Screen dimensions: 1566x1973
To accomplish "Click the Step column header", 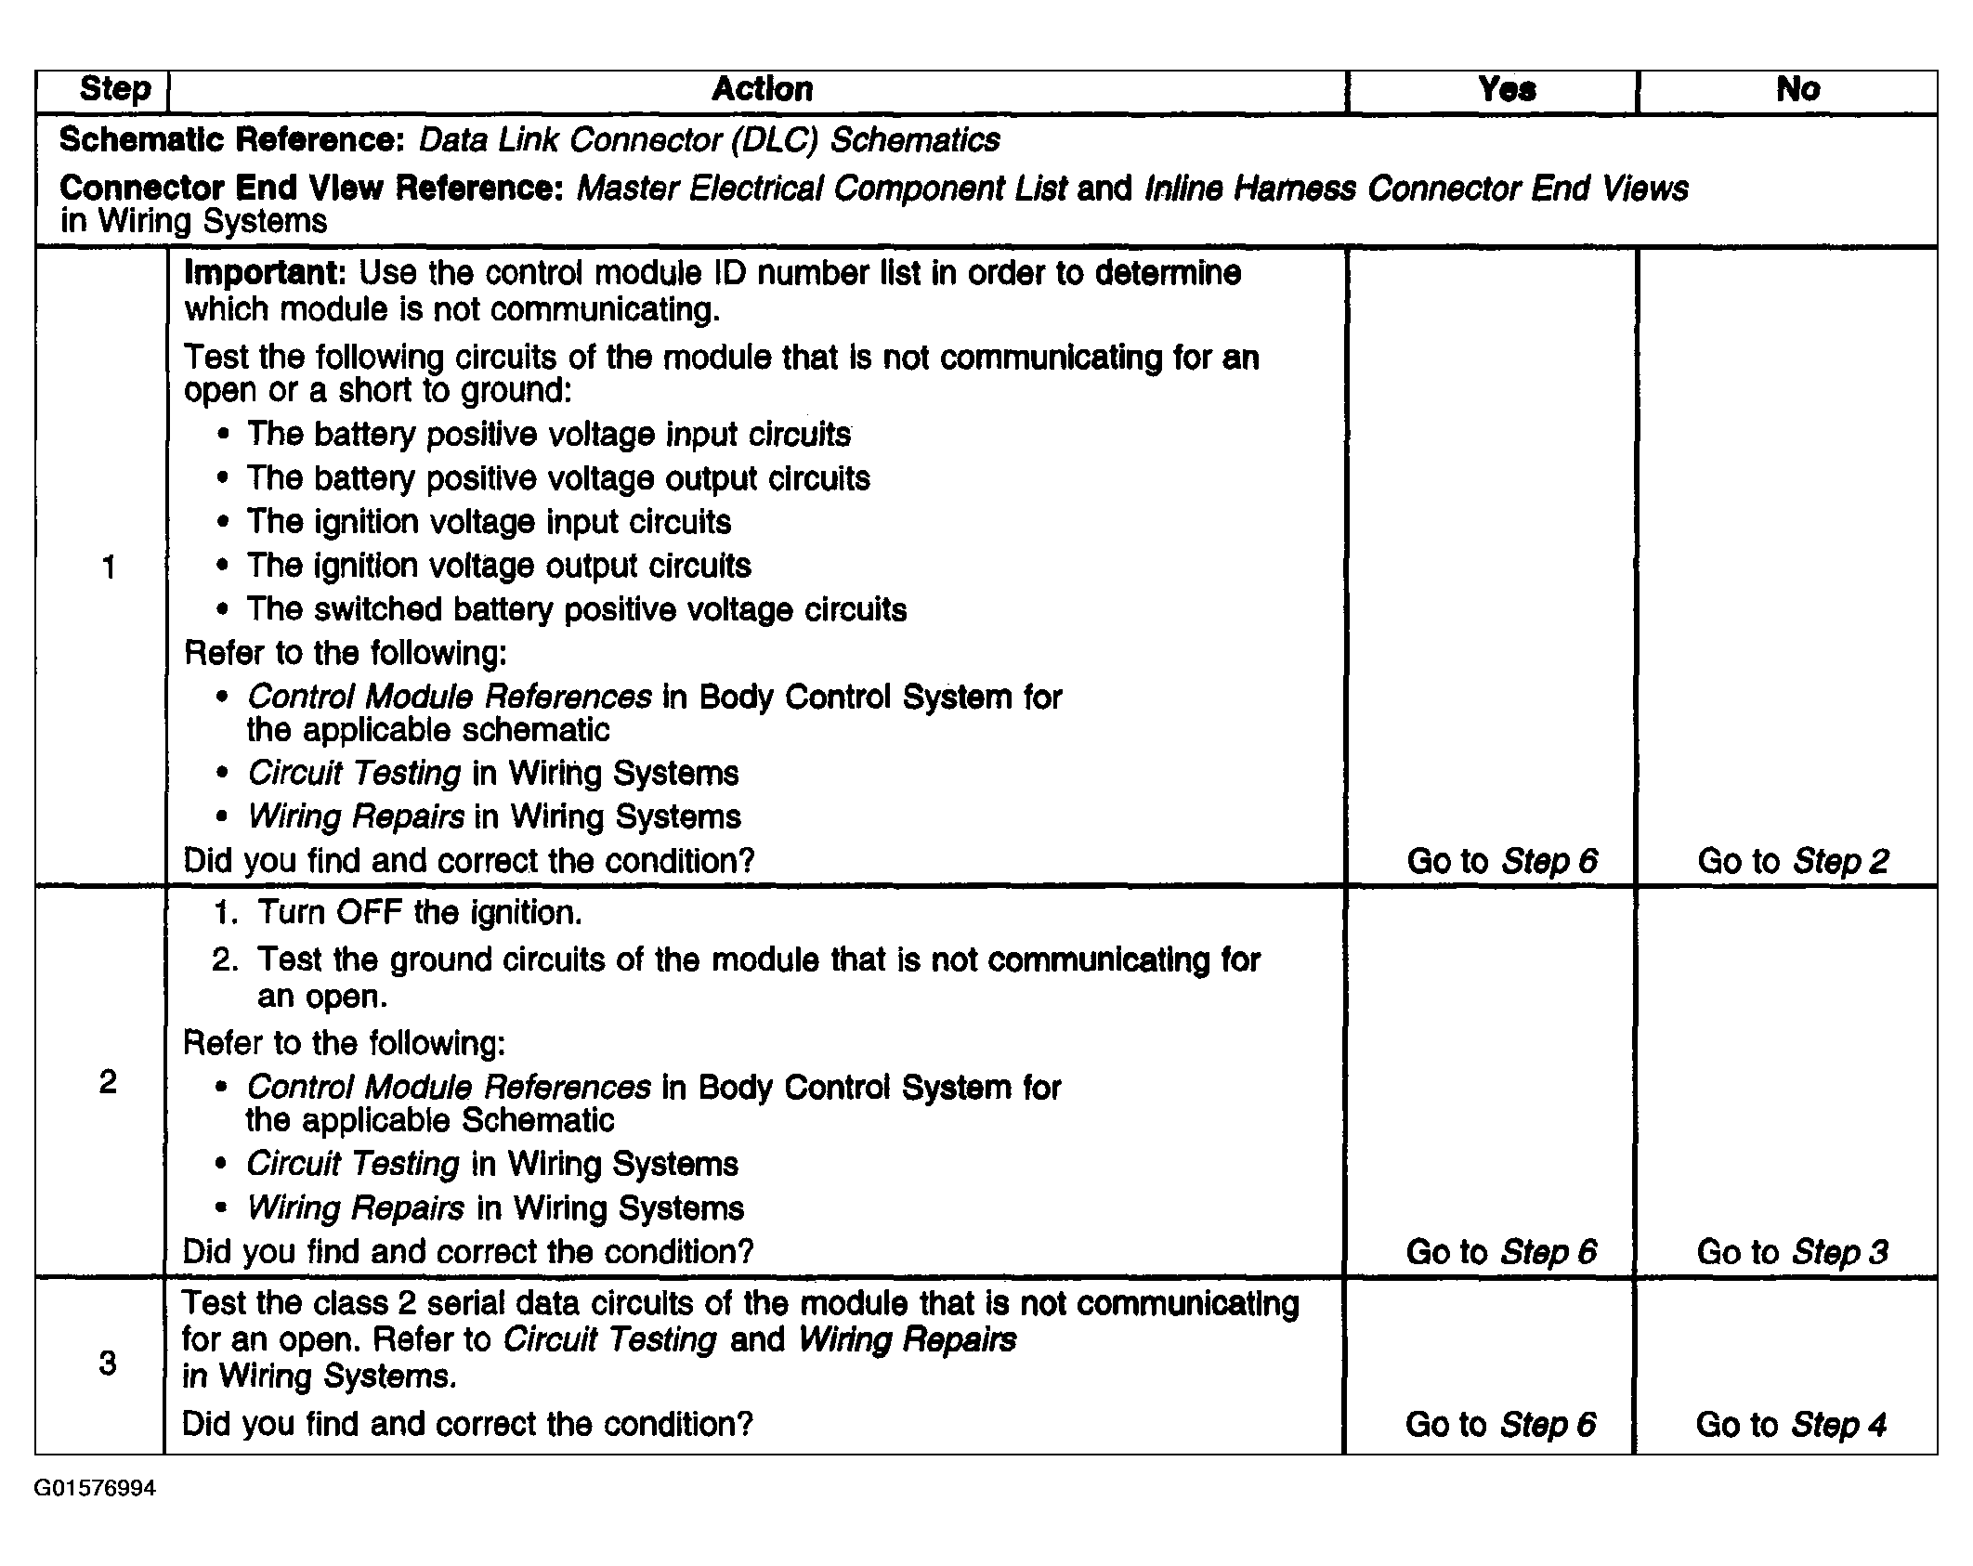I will coord(115,89).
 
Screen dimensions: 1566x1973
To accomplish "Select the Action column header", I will coord(762,89).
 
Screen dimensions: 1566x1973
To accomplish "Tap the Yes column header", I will coord(1506,89).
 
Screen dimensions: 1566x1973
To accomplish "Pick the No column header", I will coord(1797,89).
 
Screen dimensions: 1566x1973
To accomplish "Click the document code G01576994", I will coord(95,1489).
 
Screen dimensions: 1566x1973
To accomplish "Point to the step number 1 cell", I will coord(109,567).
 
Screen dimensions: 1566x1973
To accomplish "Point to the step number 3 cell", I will coord(108,1363).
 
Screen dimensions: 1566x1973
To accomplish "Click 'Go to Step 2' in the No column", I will coord(1793,861).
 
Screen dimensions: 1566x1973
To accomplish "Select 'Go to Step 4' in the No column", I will coord(1791,1424).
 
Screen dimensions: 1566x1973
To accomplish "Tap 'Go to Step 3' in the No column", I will coord(1792,1252).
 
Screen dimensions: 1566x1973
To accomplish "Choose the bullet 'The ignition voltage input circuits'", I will coord(489,522).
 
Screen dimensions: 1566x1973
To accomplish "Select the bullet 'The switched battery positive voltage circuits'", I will coord(576,609).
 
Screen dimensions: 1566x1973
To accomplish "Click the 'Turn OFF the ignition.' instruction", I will coord(420,913).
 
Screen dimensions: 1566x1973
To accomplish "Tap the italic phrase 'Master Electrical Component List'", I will coord(822,189).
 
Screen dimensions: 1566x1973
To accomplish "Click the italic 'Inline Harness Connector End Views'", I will coord(1417,189).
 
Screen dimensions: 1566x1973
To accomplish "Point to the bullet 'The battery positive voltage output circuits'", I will coord(558,478).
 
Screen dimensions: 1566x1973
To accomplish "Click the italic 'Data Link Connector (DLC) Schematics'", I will coord(709,140).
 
